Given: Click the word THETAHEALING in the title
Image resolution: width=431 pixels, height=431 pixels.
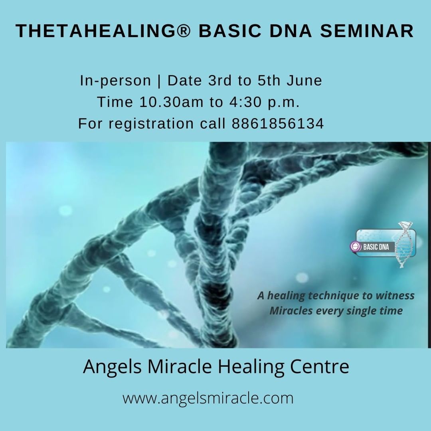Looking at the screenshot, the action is tap(95, 30).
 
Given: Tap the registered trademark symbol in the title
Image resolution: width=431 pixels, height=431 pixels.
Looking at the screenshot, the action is tap(183, 30).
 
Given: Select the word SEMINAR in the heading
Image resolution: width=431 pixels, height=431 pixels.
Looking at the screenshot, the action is tap(367, 30).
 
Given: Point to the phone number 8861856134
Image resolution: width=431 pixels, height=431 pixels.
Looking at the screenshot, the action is tap(278, 123).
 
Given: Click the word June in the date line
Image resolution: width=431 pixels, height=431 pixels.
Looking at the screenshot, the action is tap(304, 81).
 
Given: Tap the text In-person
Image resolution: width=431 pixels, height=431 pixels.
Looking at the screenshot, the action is tap(115, 81).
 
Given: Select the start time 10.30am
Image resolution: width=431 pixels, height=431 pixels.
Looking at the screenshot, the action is tap(171, 102).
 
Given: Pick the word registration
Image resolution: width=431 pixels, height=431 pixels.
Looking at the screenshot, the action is tap(151, 124).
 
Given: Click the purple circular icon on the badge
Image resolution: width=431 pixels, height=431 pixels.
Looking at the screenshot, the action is tap(356, 246).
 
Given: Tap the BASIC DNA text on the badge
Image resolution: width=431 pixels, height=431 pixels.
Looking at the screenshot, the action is tap(376, 247).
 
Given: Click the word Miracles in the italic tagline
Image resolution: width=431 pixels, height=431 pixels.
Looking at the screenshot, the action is tap(291, 311).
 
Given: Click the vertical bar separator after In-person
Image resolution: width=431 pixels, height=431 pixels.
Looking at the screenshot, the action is tap(159, 81).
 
